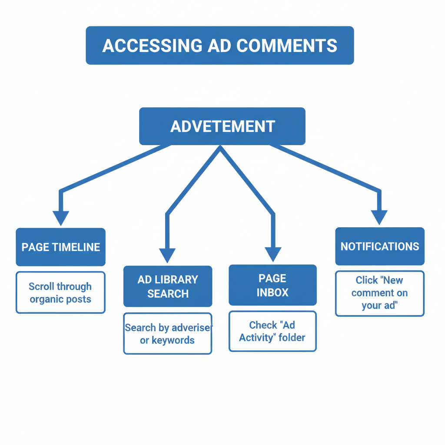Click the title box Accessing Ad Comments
[219, 45]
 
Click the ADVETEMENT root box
[222, 126]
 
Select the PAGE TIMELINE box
[61, 247]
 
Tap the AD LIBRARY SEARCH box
[168, 286]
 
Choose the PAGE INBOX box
[272, 285]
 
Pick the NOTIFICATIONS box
[380, 246]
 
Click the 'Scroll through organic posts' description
[60, 292]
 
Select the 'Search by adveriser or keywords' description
[168, 334]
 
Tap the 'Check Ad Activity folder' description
[272, 331]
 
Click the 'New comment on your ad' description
[379, 293]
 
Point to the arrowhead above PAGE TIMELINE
[61, 217]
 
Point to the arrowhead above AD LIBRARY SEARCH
[167, 255]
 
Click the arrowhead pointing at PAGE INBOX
[273, 254]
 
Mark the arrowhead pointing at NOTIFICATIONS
[379, 217]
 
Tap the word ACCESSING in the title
[152, 46]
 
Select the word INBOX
[272, 292]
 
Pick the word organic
[46, 299]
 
